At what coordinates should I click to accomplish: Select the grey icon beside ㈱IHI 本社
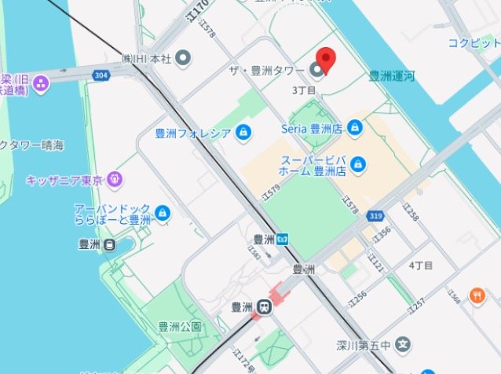[x=183, y=57]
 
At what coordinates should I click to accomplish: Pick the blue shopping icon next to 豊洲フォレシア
[x=244, y=131]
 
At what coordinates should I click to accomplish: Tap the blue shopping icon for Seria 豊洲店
[x=355, y=126]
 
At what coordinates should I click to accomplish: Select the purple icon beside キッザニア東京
[x=115, y=180]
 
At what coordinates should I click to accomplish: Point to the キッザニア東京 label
[x=65, y=180]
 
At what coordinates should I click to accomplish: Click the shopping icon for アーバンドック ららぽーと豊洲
[x=162, y=213]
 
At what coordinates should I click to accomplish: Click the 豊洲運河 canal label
[x=393, y=77]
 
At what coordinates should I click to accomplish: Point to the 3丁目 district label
[x=303, y=91]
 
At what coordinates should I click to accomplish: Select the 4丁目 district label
[x=421, y=266]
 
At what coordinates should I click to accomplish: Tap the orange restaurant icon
[x=477, y=295]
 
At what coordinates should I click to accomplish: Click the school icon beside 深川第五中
[x=403, y=343]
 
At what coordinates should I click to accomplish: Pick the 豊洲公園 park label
[x=180, y=326]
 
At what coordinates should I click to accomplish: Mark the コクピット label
[x=474, y=43]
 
